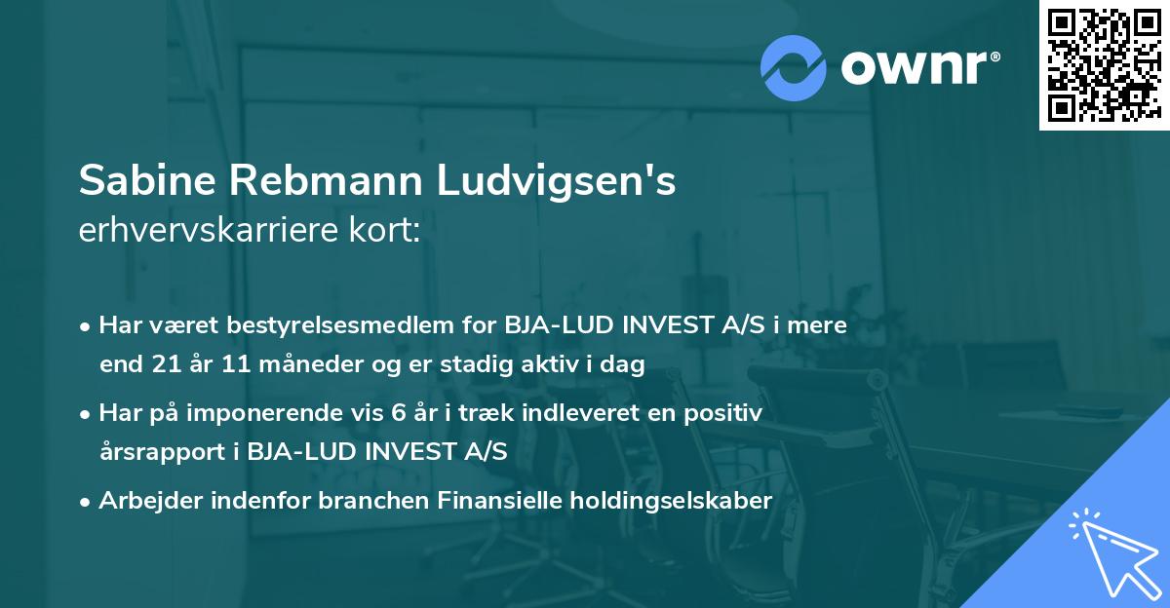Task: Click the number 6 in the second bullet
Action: coord(398,413)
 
